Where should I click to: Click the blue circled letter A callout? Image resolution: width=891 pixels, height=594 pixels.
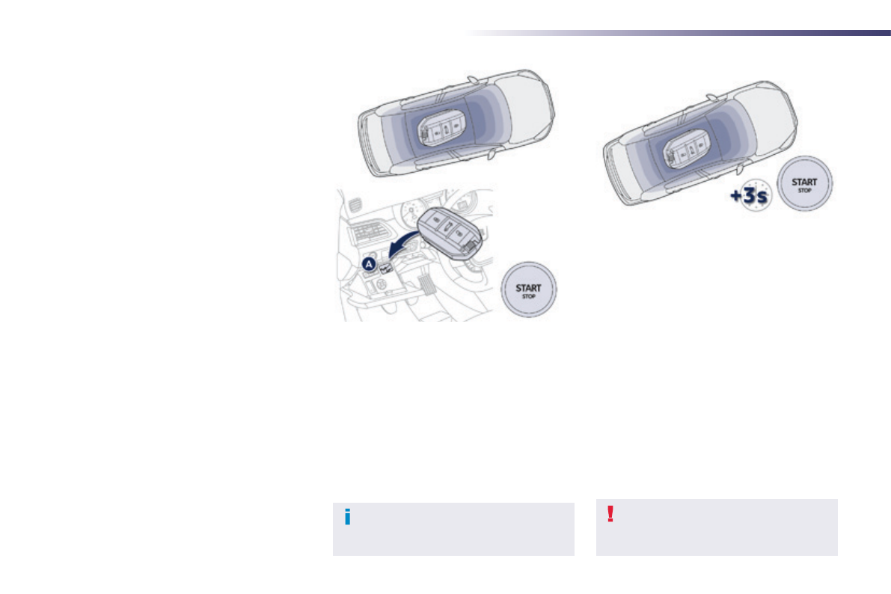[370, 264]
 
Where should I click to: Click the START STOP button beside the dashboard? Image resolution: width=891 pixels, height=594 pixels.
[528, 290]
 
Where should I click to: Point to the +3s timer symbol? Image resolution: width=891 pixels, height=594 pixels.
[750, 195]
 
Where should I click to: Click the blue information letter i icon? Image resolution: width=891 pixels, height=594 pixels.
[348, 517]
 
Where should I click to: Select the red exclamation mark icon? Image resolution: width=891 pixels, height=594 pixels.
[610, 514]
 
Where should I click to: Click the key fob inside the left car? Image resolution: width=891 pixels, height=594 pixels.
[441, 129]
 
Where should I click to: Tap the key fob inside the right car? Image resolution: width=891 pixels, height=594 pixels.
[687, 149]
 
